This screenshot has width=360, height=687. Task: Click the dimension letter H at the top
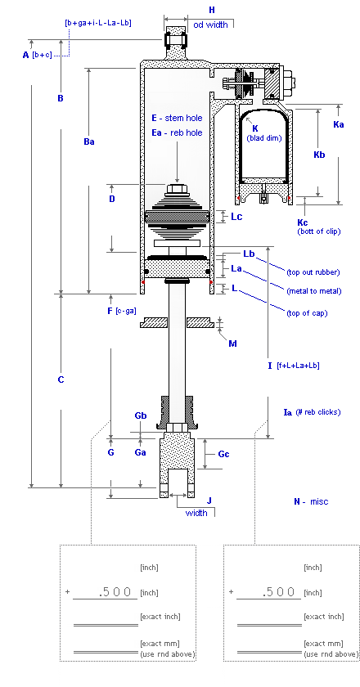[x=212, y=10]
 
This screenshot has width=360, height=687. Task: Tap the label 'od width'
[x=210, y=25]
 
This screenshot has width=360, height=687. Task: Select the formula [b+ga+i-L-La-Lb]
[x=98, y=23]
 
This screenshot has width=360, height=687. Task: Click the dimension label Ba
[x=89, y=141]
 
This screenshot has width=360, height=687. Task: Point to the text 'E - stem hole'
[x=178, y=118]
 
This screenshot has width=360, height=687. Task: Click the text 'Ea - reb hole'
[x=178, y=132]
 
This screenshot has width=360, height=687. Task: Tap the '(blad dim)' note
[x=264, y=138]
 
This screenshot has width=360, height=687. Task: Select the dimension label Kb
[x=319, y=155]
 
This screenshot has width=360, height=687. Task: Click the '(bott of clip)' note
[x=319, y=231]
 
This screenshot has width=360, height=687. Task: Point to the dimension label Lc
[x=236, y=217]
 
